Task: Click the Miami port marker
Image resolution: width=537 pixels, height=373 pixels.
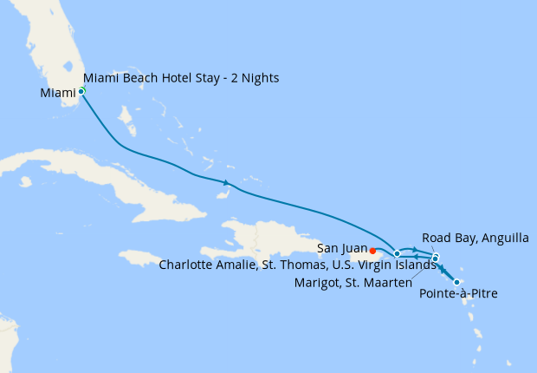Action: (x=81, y=90)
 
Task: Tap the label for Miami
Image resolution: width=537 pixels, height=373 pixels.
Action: (x=58, y=91)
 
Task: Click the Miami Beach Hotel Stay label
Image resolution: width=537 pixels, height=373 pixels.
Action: (x=181, y=79)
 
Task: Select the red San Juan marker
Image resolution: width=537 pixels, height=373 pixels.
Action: (x=372, y=251)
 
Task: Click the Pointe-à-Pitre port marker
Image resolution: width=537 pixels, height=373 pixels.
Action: (x=456, y=282)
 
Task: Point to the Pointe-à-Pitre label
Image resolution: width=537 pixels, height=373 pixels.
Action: (x=458, y=295)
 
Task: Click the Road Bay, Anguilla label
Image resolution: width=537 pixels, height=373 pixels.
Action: (x=471, y=238)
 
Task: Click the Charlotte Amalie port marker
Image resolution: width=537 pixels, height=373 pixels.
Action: (x=397, y=254)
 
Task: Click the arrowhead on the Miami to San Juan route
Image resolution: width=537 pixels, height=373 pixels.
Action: (x=226, y=182)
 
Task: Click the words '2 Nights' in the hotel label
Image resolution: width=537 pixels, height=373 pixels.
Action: (x=255, y=79)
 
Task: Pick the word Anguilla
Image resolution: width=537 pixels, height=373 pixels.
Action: (x=495, y=238)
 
